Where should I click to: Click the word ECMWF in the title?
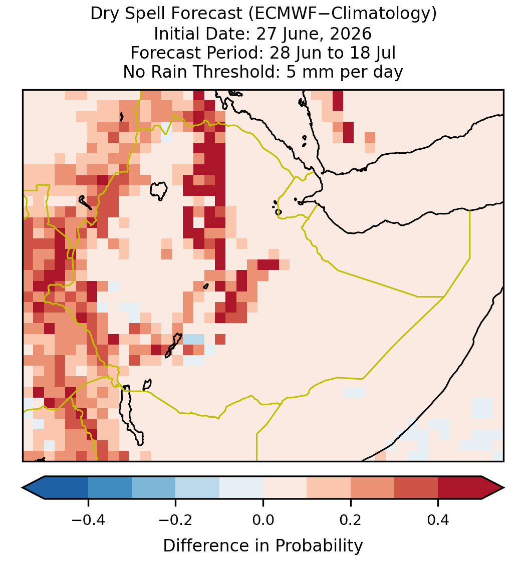click(x=279, y=14)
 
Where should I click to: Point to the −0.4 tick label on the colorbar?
click(x=88, y=519)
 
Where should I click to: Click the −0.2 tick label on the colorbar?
click(x=175, y=519)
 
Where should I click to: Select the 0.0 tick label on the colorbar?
click(x=263, y=519)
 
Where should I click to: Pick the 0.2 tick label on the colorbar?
click(x=351, y=519)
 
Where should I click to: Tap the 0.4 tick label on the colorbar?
click(x=438, y=519)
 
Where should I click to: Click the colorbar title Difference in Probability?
click(x=263, y=545)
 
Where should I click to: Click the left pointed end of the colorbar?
click(x=23, y=488)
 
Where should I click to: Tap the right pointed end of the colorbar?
click(x=504, y=488)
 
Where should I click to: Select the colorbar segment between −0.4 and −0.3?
click(x=110, y=488)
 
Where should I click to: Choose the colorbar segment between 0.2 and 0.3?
click(x=372, y=488)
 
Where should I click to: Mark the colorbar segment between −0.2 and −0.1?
click(x=197, y=488)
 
